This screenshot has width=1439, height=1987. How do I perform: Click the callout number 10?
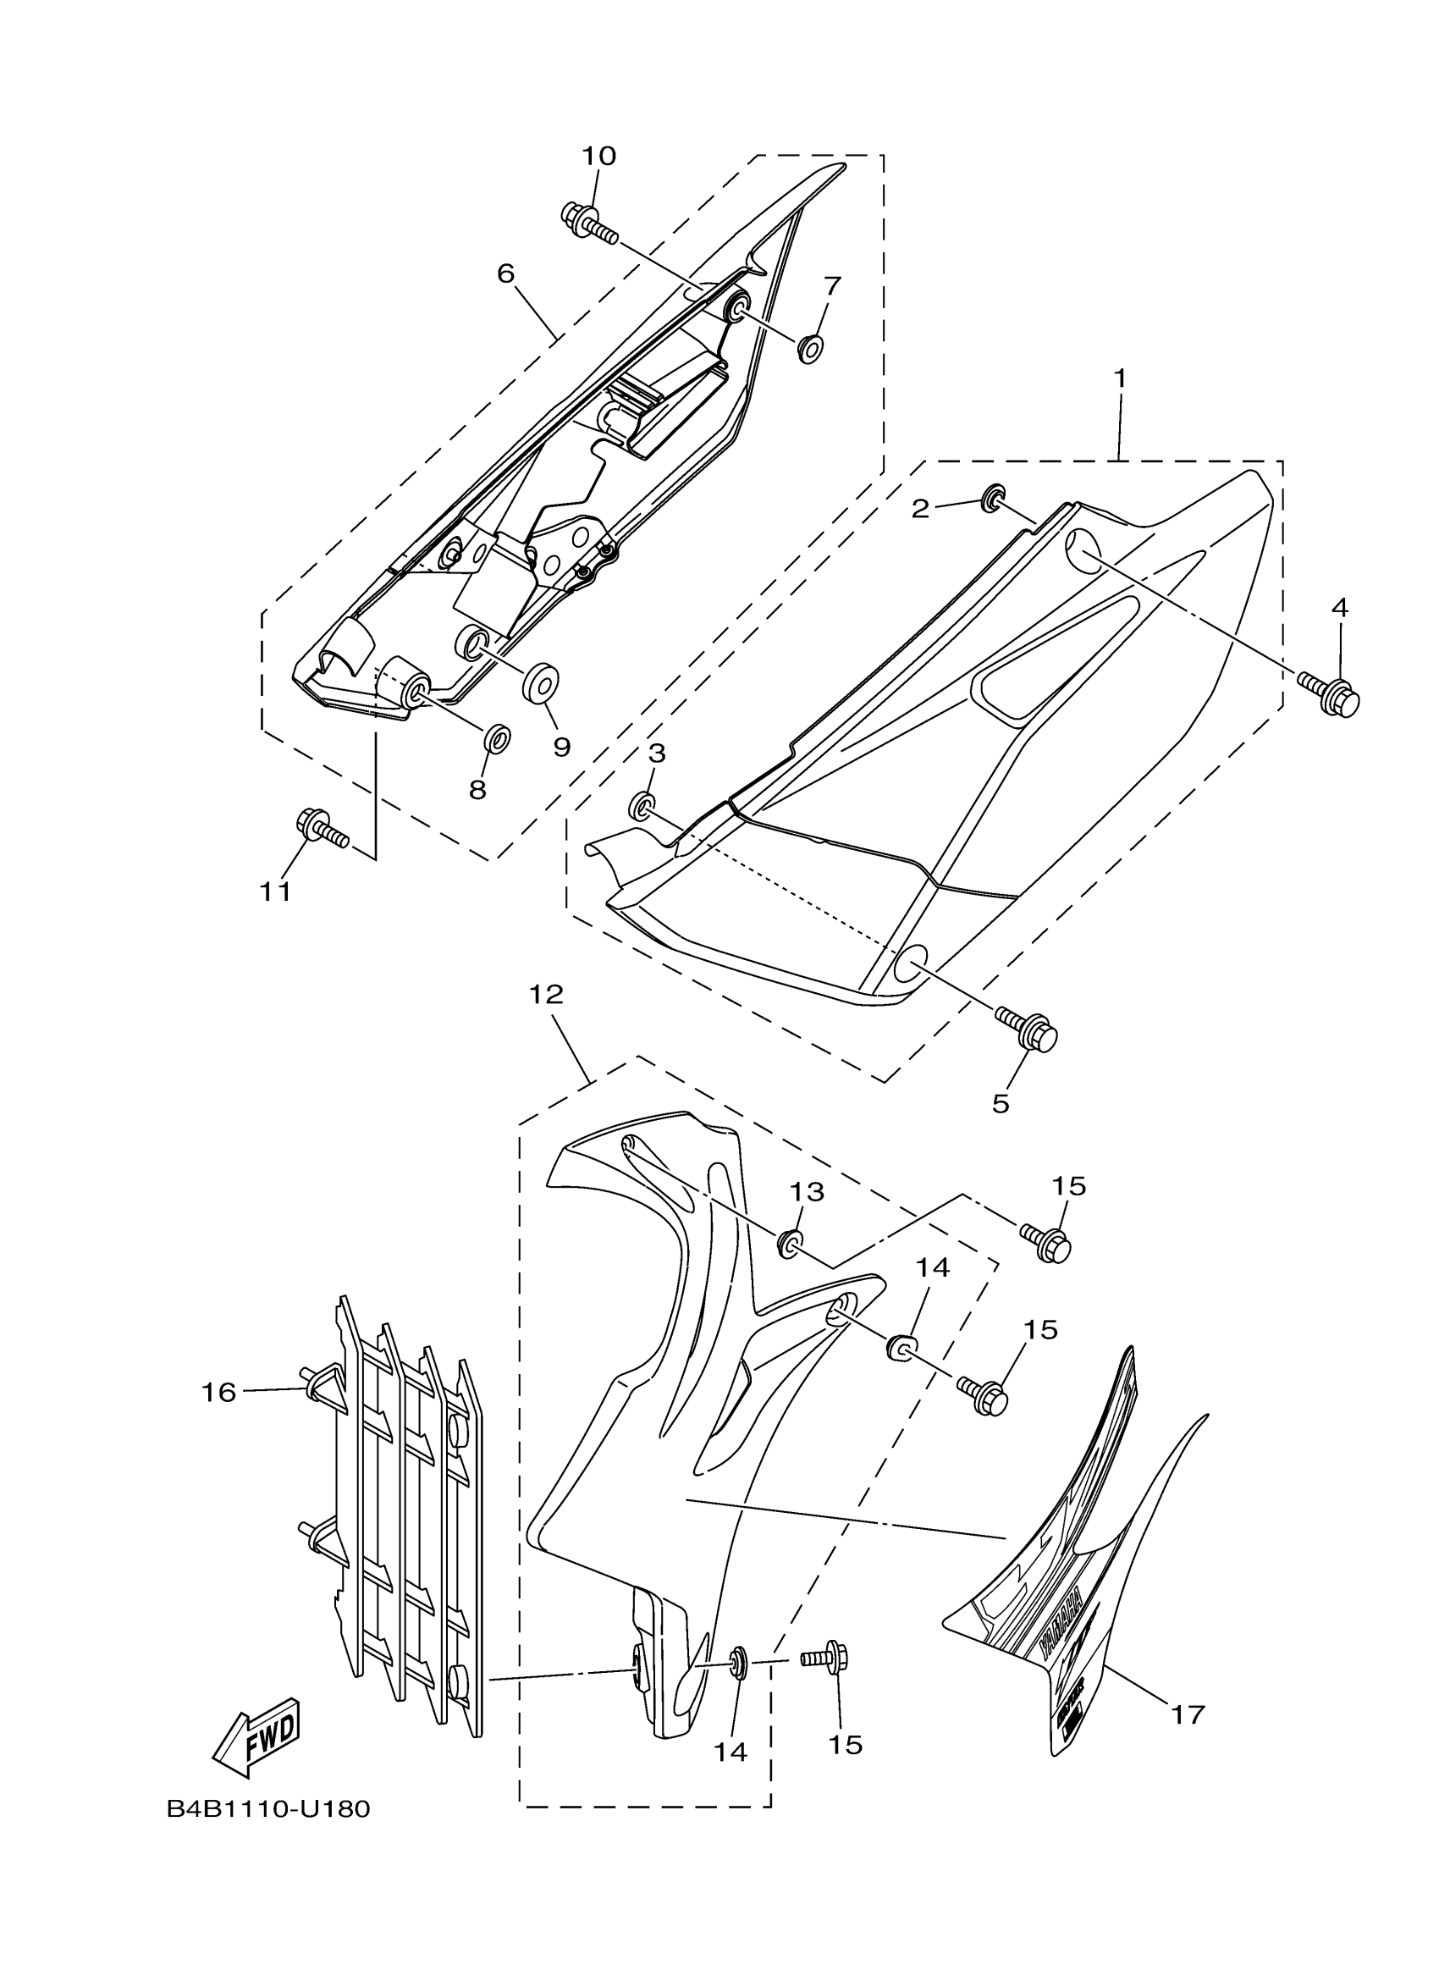pyautogui.click(x=599, y=156)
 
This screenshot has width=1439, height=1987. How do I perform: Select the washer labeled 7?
pyautogui.click(x=809, y=348)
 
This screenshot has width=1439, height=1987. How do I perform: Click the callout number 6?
pyautogui.click(x=505, y=273)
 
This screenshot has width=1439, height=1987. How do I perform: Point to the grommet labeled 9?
pyautogui.click(x=542, y=682)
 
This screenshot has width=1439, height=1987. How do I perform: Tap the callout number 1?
pyautogui.click(x=1119, y=378)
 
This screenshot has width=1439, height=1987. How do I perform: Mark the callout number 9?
pyautogui.click(x=561, y=747)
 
